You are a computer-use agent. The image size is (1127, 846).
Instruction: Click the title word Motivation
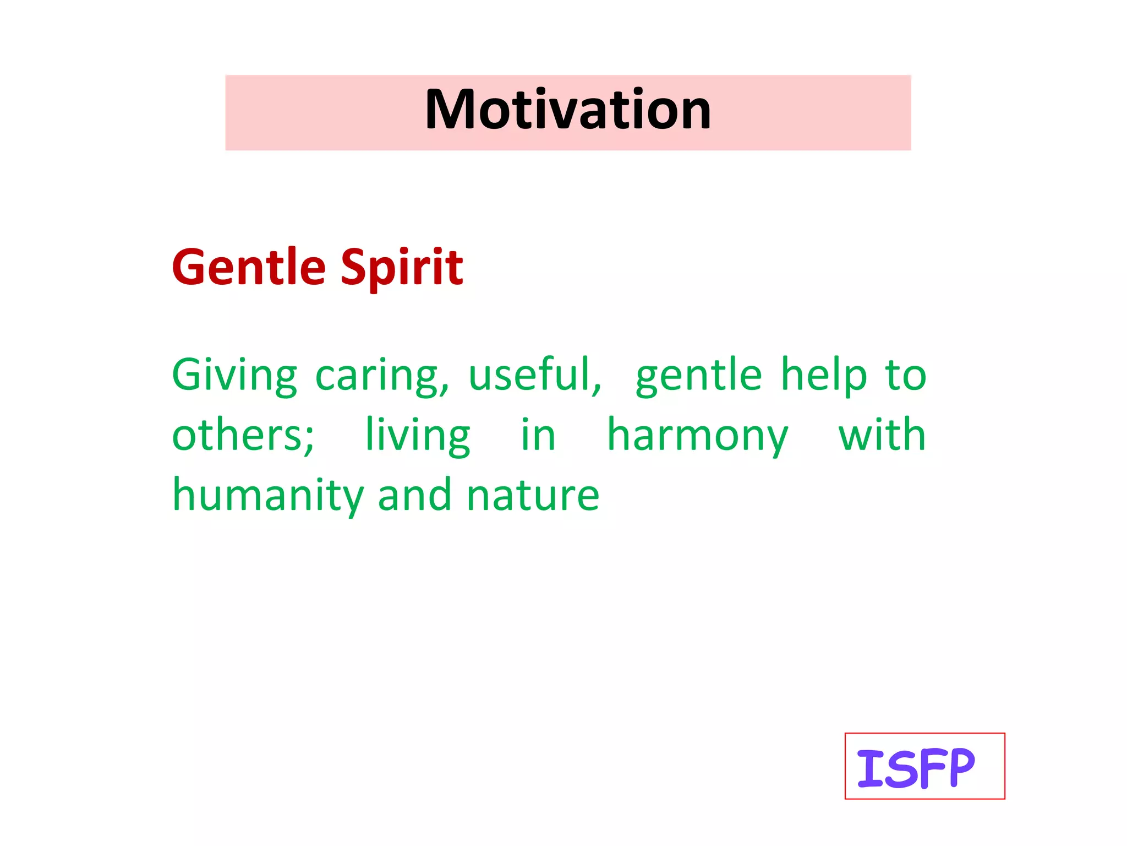tap(568, 110)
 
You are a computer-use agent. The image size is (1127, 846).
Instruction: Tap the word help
tap(824, 375)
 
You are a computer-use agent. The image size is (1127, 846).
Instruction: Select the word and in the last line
tap(415, 495)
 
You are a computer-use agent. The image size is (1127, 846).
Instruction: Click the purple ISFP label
tap(915, 768)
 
